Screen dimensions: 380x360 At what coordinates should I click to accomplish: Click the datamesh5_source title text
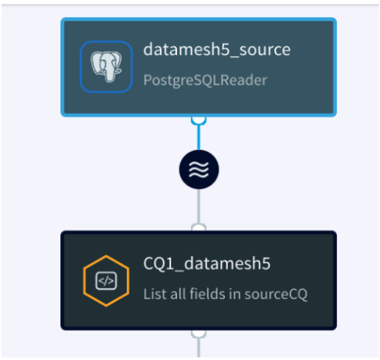point(217,49)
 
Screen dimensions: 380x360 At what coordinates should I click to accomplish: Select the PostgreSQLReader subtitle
point(205,80)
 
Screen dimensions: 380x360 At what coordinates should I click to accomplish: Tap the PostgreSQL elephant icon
point(107,67)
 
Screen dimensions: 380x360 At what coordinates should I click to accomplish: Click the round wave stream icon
point(199,169)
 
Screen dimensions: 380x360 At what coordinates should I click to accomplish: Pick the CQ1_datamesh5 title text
point(207,264)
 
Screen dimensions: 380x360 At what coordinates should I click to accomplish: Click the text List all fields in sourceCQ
point(226,294)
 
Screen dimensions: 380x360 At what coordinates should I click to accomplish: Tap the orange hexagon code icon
point(107,281)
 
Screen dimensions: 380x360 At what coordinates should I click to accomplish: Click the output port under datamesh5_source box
point(199,121)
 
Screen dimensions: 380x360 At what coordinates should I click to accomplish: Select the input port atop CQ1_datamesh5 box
point(199,227)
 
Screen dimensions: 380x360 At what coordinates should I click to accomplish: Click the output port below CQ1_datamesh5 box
point(199,333)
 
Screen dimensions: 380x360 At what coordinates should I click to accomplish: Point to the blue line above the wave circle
point(199,137)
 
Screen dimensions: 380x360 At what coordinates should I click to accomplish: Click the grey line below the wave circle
point(199,206)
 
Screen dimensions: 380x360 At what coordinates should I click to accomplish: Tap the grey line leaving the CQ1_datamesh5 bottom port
point(199,347)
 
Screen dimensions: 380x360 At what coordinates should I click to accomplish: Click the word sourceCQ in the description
point(276,294)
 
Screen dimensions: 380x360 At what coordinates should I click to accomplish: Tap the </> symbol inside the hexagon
point(107,281)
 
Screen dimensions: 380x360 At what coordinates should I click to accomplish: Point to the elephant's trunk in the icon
point(109,73)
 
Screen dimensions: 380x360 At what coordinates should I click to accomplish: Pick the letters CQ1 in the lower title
point(158,264)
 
